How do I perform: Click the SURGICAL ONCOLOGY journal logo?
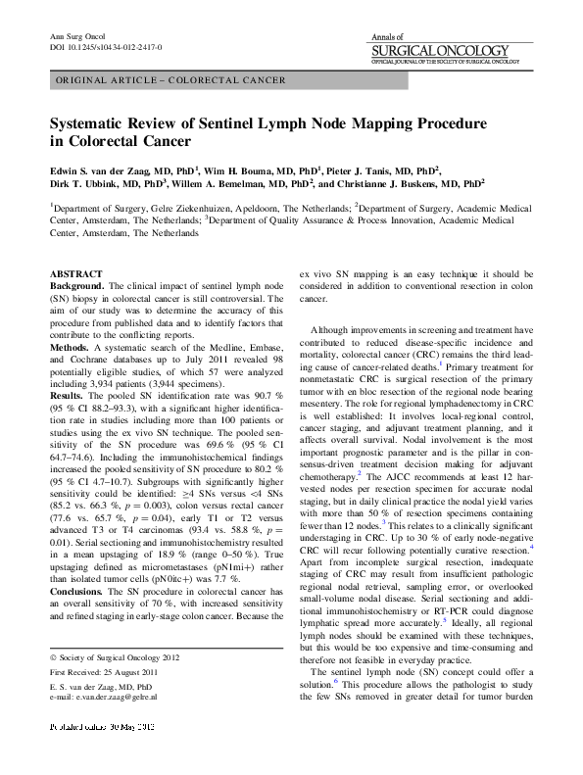(441, 50)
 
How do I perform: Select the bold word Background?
(76, 283)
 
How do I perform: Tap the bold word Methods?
(71, 346)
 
